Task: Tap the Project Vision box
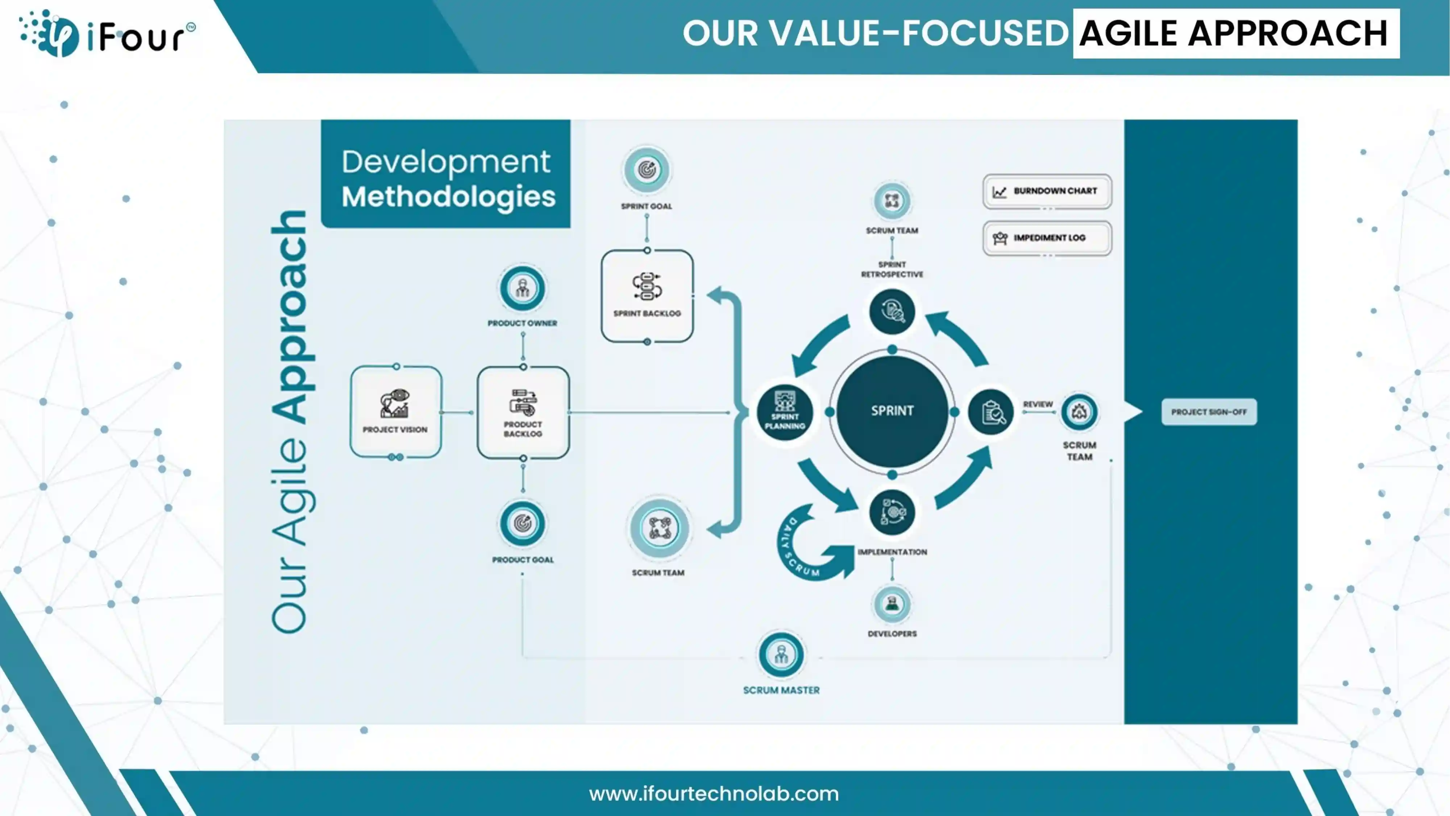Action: pyautogui.click(x=396, y=412)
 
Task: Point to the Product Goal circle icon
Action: pyautogui.click(x=522, y=523)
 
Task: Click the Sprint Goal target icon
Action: pyautogui.click(x=647, y=169)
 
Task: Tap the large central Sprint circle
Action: pyautogui.click(x=892, y=411)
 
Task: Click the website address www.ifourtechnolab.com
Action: pyautogui.click(x=714, y=794)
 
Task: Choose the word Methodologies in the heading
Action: pyautogui.click(x=449, y=197)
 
